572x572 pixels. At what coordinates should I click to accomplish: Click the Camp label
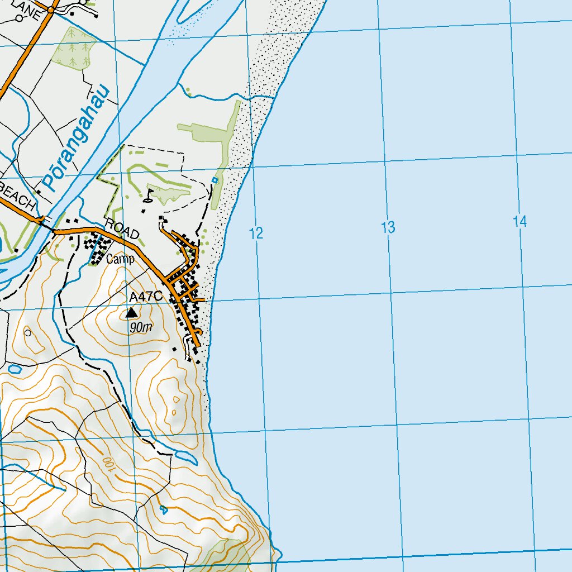pyautogui.click(x=121, y=259)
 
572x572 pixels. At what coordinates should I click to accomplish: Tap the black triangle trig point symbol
pyautogui.click(x=132, y=312)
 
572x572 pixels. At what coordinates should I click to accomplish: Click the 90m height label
pyautogui.click(x=140, y=328)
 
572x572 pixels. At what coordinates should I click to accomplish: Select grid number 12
pyautogui.click(x=256, y=233)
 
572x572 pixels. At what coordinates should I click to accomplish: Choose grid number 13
pyautogui.click(x=388, y=227)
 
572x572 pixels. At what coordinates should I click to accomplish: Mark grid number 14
pyautogui.click(x=519, y=222)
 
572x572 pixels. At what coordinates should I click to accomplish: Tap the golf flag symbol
pyautogui.click(x=149, y=195)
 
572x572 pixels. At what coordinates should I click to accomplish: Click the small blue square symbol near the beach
pyautogui.click(x=214, y=180)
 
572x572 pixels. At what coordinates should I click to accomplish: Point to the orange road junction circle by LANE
pyautogui.click(x=51, y=9)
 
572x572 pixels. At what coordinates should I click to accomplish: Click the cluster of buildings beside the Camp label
pyautogui.click(x=96, y=249)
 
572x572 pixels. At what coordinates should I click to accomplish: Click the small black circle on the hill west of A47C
pyautogui.click(x=28, y=332)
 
